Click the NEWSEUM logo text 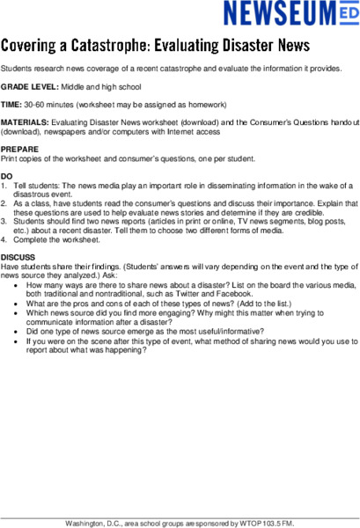click(277, 15)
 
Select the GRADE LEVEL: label click(29, 86)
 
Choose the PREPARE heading click(20, 150)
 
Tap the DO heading click(7, 177)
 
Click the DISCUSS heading click(18, 258)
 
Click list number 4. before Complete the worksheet click(4, 239)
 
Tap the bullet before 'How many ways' click(18, 285)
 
